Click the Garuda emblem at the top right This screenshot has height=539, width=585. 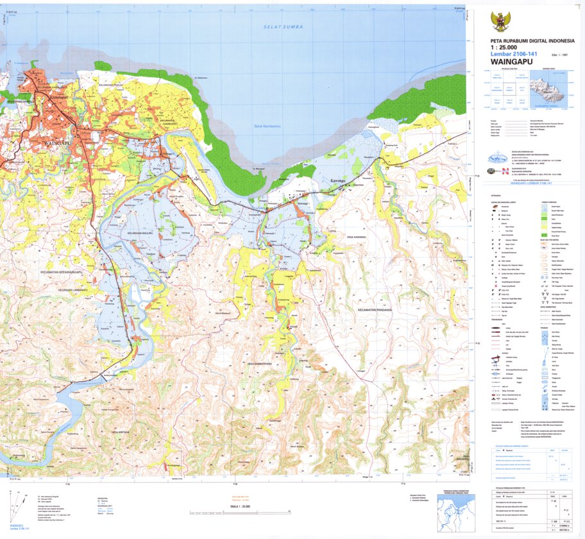pos(500,22)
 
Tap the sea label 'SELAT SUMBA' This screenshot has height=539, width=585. pos(283,27)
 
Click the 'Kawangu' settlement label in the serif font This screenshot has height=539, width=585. pos(337,182)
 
